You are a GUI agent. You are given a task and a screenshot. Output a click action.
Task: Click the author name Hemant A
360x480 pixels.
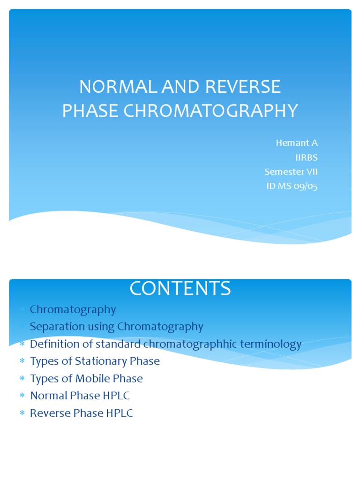click(296, 143)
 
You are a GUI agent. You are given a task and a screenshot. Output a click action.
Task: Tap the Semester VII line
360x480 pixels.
click(291, 172)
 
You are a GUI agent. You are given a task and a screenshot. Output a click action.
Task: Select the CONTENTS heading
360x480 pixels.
click(180, 288)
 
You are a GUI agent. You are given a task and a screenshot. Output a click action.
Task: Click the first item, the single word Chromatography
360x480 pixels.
click(73, 309)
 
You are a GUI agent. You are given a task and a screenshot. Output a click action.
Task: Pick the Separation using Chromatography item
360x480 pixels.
click(116, 327)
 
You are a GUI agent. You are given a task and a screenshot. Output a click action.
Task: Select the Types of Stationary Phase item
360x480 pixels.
click(95, 361)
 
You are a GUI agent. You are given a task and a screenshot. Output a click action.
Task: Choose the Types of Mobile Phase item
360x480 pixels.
click(86, 378)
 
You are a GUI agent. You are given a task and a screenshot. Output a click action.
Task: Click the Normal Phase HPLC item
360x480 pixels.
click(80, 396)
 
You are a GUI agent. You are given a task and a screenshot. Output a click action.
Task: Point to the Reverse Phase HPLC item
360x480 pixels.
click(81, 413)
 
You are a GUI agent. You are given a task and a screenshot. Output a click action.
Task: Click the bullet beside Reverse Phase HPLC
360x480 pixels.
click(22, 413)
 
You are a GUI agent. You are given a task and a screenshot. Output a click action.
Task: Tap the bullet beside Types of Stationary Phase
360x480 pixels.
click(22, 362)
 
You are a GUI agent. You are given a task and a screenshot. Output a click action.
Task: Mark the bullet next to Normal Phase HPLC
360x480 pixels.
click(22, 396)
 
